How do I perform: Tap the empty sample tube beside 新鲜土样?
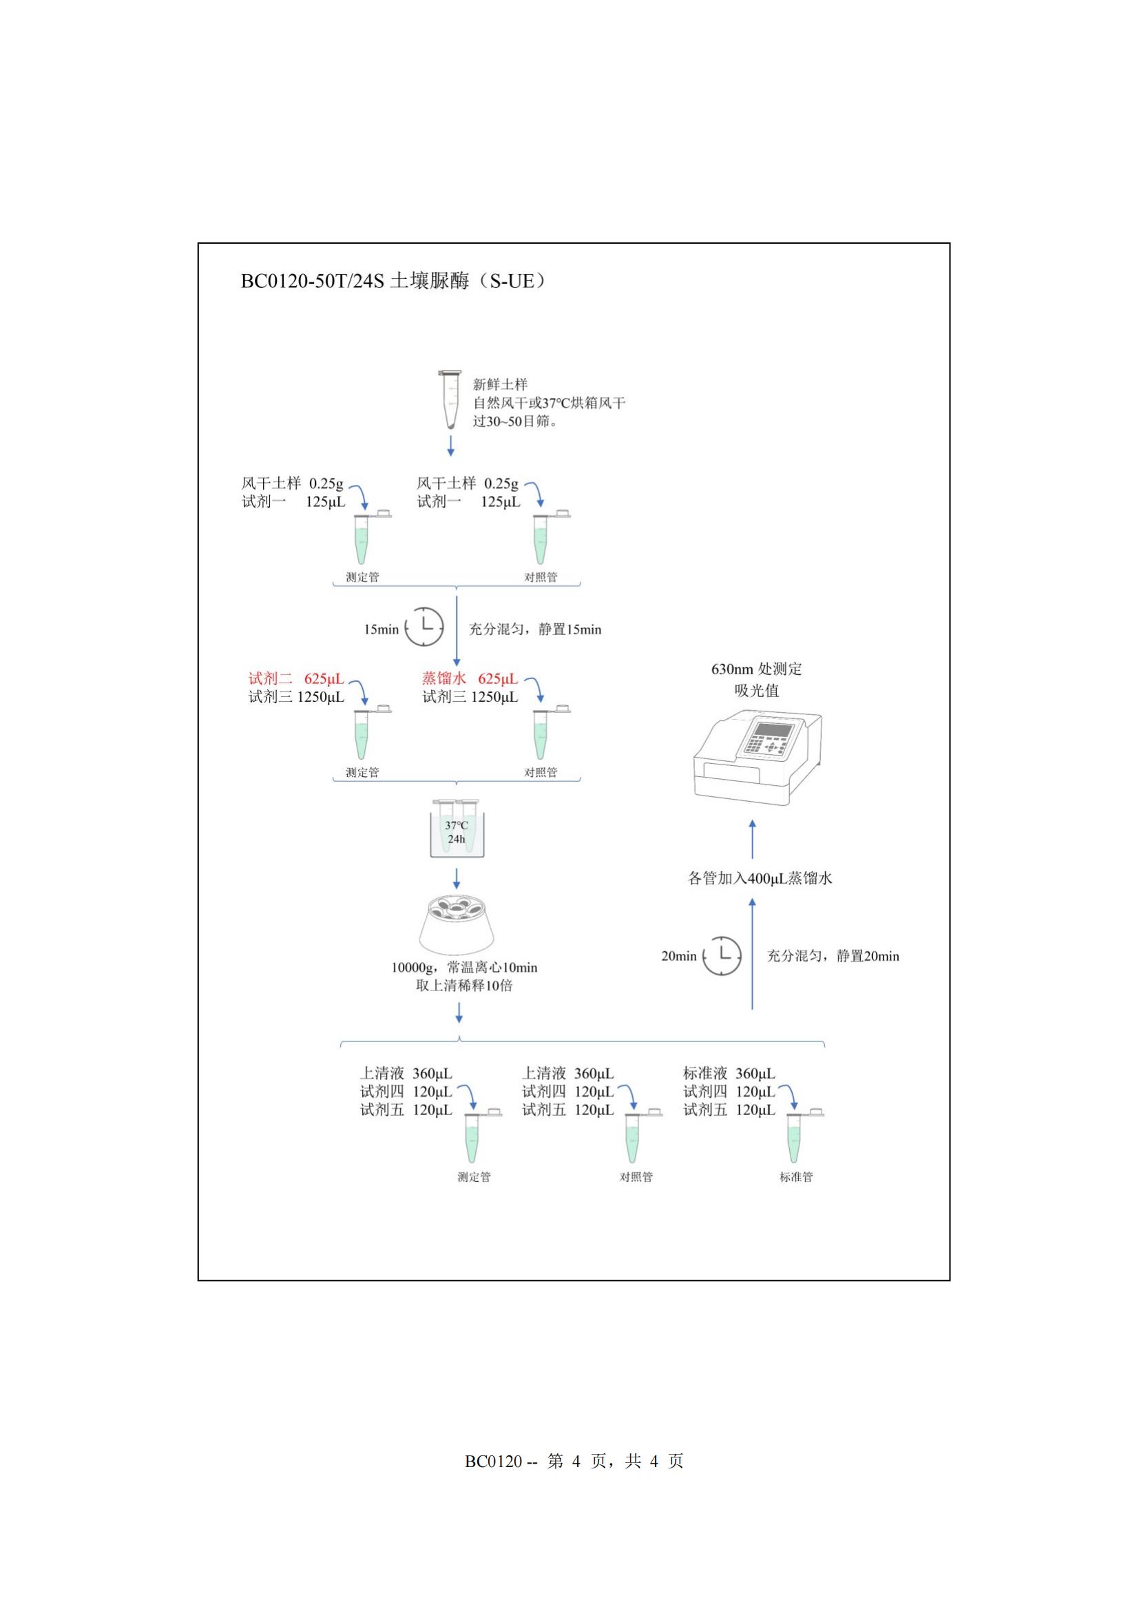(450, 399)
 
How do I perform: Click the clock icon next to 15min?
(424, 626)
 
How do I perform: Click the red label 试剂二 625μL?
(296, 678)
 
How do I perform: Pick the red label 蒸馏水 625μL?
(470, 678)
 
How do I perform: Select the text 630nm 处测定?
(757, 669)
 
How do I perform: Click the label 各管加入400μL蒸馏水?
(760, 877)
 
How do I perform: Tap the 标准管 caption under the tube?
(796, 1176)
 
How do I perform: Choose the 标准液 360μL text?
(729, 1074)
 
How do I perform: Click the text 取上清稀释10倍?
(464, 986)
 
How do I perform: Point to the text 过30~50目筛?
(516, 422)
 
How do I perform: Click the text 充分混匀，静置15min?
(535, 630)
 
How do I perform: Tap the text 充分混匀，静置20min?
(833, 956)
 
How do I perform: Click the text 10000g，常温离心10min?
(464, 968)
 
